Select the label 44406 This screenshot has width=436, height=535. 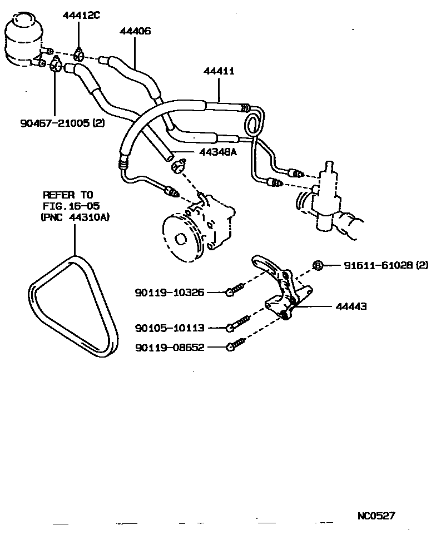135,32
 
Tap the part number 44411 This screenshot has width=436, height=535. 219,71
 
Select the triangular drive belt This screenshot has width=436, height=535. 73,303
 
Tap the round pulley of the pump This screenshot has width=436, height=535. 182,236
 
